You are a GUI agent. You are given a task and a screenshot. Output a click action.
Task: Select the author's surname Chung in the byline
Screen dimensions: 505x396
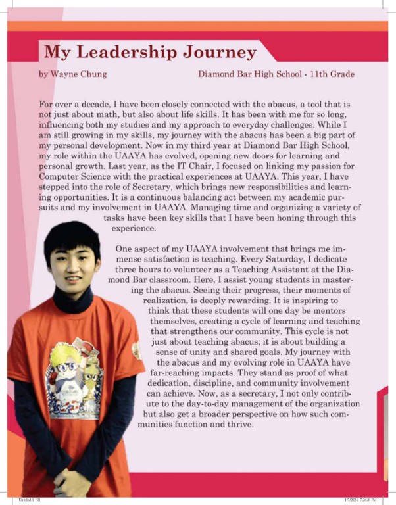(x=93, y=74)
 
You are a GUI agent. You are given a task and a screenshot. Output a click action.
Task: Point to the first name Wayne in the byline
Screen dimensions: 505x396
(x=64, y=74)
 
